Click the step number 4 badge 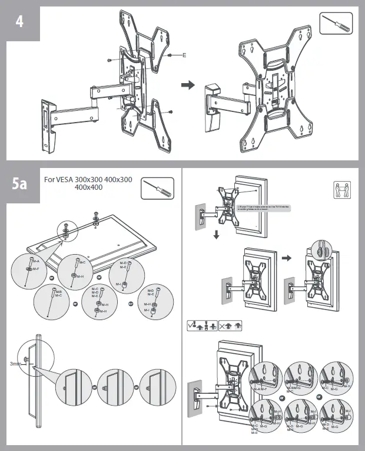[x=20, y=21]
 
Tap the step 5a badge [x=20, y=183]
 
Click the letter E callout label [x=184, y=55]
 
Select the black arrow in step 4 [x=187, y=85]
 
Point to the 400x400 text [x=88, y=187]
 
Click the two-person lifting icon [x=342, y=190]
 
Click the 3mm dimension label [x=16, y=364]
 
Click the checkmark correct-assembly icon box [x=203, y=325]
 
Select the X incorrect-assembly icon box [x=230, y=325]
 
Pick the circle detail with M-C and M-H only [x=77, y=271]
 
